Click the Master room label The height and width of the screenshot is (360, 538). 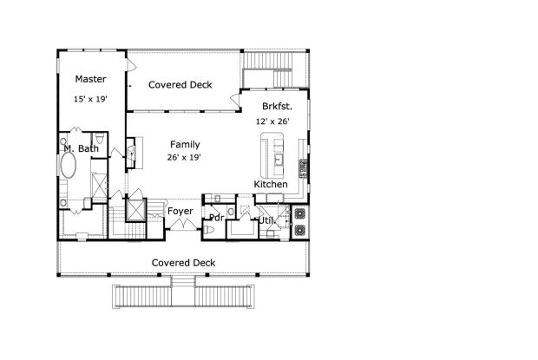90,79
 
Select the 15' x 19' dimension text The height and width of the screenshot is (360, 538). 90,99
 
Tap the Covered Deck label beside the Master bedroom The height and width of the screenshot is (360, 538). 180,85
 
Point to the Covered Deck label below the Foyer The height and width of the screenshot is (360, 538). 183,263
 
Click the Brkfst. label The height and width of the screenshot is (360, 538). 277,107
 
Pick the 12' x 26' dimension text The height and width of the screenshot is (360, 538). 272,121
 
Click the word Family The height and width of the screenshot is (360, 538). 185,144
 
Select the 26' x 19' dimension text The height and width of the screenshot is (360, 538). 184,157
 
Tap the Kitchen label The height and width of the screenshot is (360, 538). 271,184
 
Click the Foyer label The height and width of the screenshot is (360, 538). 180,211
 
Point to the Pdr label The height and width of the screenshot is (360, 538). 217,218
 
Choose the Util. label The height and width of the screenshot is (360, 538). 267,220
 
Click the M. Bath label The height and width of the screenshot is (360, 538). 82,148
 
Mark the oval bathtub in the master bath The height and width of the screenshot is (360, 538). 68,166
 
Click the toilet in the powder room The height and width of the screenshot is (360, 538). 208,230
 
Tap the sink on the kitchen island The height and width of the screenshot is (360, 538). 279,160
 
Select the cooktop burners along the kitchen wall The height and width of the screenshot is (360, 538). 303,168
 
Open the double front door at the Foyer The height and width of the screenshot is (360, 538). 183,224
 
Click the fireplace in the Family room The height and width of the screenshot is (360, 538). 131,153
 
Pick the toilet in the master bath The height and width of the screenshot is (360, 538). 100,138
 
